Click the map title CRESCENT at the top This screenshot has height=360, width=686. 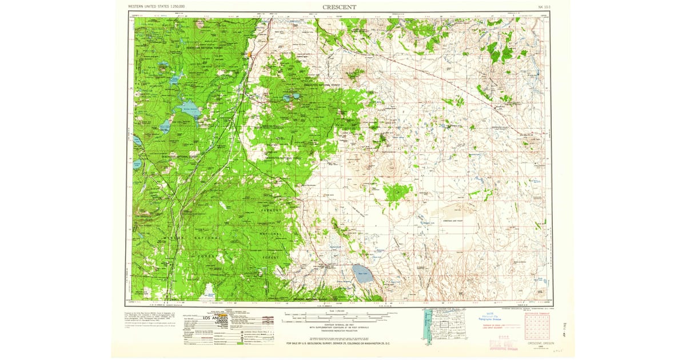[x=340, y=7]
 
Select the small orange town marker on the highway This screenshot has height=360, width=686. [x=249, y=55]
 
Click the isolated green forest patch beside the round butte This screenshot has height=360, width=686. [x=396, y=194]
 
